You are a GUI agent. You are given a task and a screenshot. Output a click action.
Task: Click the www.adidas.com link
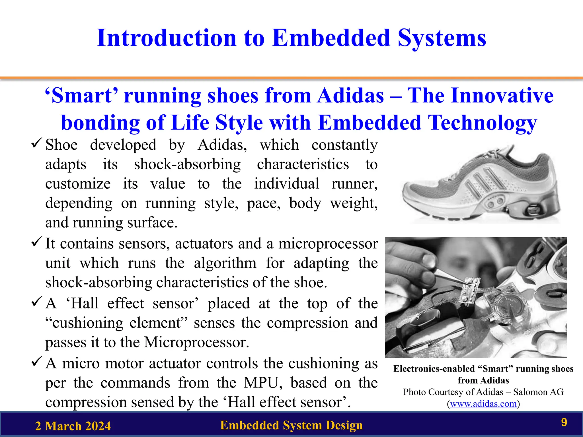pos(483,404)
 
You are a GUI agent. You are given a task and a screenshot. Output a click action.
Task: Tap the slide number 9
pos(564,422)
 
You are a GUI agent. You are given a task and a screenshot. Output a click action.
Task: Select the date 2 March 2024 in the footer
pos(73,426)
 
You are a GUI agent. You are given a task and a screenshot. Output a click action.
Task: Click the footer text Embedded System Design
pos(291,425)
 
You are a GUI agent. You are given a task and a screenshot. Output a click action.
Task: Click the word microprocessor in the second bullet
pos(328,244)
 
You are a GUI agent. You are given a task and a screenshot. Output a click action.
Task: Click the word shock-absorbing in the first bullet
pos(187,164)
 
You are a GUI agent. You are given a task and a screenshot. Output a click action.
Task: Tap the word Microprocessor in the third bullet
pos(196,342)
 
